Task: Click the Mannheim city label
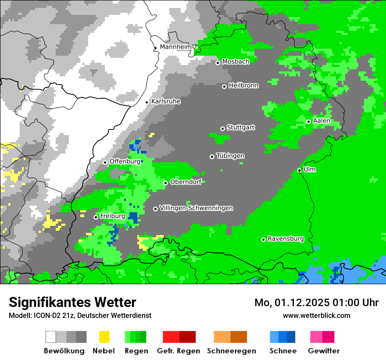[176, 47]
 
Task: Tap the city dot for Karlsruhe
[147, 102]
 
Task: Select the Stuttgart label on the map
[241, 128]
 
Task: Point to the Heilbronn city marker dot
[224, 86]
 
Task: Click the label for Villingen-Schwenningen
[196, 208]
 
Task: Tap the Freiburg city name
[112, 216]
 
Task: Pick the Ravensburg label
[286, 239]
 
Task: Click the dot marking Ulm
[299, 170]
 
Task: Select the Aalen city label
[322, 121]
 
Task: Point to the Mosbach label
[236, 62]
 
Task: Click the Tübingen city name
[230, 156]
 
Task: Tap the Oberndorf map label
[186, 182]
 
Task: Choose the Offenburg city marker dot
[105, 162]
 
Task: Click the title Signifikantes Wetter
[72, 302]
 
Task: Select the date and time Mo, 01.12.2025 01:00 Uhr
[316, 303]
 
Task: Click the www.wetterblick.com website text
[316, 315]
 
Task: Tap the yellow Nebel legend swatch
[104, 337]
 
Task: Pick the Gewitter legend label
[324, 351]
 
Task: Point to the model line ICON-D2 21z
[80, 315]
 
